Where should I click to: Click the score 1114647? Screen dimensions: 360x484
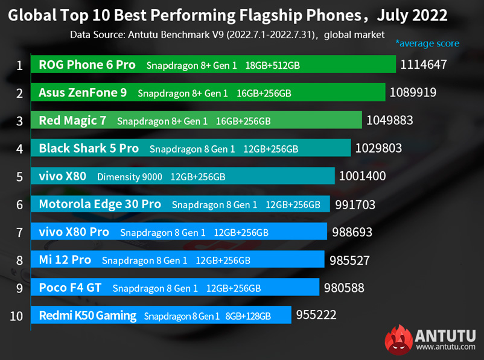point(423,65)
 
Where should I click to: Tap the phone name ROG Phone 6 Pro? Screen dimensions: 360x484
point(87,65)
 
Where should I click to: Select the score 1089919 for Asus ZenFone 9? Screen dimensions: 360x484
point(413,92)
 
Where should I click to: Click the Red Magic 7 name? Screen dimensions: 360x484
point(72,121)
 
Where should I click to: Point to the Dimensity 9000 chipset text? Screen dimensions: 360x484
point(130,177)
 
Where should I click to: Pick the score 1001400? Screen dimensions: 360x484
point(363,176)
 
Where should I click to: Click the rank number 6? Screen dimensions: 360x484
point(19,205)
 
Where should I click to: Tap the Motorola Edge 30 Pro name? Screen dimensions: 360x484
point(100,204)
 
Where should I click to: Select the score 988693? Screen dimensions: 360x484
point(352,232)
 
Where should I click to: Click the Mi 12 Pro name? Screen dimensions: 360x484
point(65,260)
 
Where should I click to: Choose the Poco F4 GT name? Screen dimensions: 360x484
point(70,288)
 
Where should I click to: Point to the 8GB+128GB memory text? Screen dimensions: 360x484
point(247,316)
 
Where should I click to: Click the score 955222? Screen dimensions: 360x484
point(316,315)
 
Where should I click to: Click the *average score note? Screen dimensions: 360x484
point(427,43)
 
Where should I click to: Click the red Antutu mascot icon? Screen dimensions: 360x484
point(399,338)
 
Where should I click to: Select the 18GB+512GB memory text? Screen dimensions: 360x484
point(273,65)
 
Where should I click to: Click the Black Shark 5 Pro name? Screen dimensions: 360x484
point(89,148)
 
